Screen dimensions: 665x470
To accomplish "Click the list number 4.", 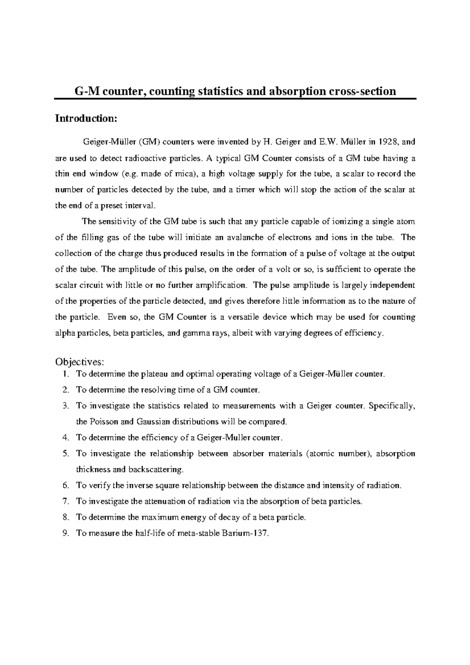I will (65, 437).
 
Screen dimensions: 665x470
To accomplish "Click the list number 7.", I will (65, 501).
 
